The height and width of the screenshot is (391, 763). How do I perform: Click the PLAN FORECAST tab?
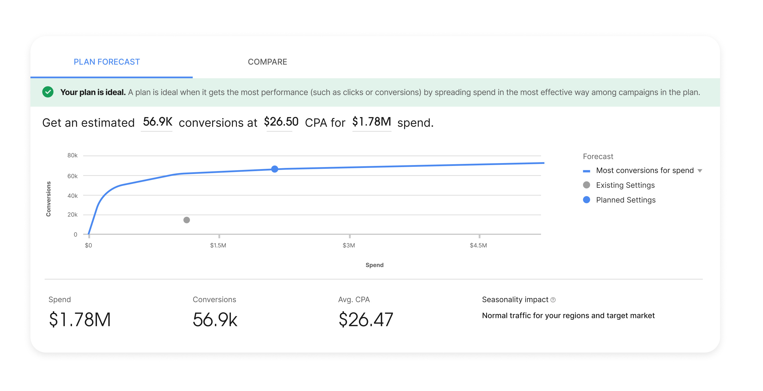[107, 62]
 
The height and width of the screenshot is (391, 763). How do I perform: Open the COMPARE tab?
[267, 62]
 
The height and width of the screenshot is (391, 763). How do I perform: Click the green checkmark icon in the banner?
[48, 92]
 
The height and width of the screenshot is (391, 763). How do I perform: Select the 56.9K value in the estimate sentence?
[157, 122]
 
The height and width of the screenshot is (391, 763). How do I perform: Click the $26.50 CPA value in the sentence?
[281, 122]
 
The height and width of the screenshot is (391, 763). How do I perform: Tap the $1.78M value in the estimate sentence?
[371, 122]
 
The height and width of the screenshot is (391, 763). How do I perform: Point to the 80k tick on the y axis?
[72, 155]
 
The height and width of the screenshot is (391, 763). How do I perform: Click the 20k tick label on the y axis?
[72, 215]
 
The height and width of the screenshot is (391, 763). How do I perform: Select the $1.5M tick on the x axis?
[218, 245]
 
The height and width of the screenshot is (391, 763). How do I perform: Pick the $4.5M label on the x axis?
[478, 245]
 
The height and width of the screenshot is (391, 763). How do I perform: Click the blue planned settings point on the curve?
[275, 169]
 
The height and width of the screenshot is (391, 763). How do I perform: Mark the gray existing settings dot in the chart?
[187, 220]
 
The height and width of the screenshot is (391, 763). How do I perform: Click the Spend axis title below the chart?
[374, 265]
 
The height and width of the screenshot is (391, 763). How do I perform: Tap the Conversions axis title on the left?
[48, 199]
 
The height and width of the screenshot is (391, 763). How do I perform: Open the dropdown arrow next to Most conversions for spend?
[700, 171]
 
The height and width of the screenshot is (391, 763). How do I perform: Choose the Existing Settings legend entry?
[625, 185]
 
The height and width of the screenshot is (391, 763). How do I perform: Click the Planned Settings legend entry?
[626, 200]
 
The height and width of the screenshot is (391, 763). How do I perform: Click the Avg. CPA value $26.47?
[366, 320]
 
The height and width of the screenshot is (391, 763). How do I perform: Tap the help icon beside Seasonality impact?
[553, 300]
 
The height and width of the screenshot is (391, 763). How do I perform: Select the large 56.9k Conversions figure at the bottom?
[215, 320]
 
